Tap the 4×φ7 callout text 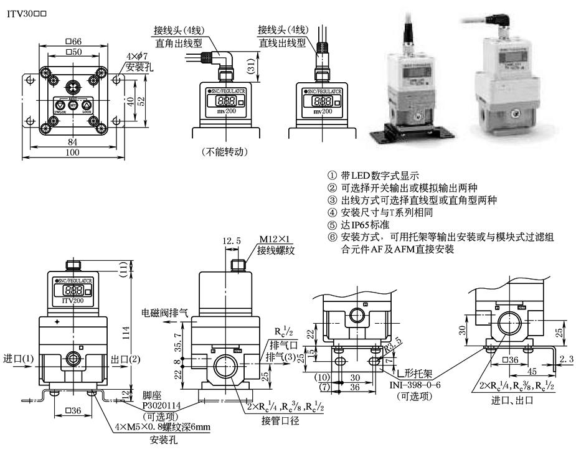point(137,57)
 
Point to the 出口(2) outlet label point(124,359)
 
